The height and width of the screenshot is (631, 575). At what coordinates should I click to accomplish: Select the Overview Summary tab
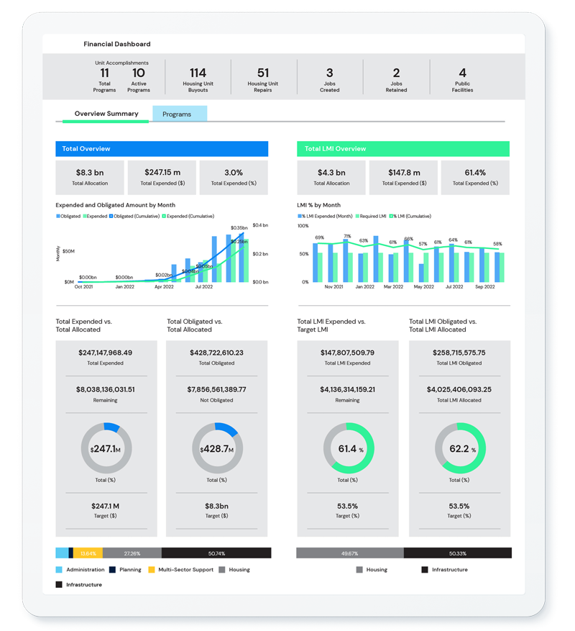click(x=106, y=114)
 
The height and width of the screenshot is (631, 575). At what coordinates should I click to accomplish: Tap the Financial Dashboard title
click(x=116, y=44)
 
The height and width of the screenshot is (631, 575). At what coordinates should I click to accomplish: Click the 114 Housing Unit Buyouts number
click(x=198, y=73)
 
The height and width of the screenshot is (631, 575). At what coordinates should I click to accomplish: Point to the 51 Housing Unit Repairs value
click(x=263, y=73)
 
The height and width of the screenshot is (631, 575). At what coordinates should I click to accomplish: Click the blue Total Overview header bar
click(x=162, y=149)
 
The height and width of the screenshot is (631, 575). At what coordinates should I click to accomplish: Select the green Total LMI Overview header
click(x=402, y=149)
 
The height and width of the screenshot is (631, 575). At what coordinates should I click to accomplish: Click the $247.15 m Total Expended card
click(x=162, y=177)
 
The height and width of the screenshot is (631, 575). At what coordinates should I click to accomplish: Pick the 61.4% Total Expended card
click(x=475, y=177)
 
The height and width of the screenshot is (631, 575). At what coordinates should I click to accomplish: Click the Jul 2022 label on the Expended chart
click(x=203, y=287)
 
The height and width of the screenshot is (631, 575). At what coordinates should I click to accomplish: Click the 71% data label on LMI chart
click(x=347, y=236)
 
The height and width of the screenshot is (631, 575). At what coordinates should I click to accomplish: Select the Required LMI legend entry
click(x=373, y=216)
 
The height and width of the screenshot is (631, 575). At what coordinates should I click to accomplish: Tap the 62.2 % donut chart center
click(x=459, y=449)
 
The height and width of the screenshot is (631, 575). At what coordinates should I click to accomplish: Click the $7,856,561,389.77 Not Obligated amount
click(x=216, y=389)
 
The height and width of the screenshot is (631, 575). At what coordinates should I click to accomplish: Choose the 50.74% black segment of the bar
click(x=216, y=553)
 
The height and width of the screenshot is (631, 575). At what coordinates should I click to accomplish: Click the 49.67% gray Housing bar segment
click(x=350, y=553)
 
